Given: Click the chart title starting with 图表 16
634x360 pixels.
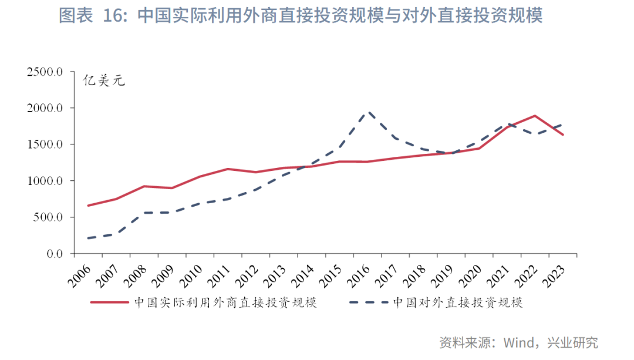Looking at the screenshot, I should (x=301, y=16).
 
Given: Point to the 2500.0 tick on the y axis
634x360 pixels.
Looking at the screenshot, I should (x=45, y=72).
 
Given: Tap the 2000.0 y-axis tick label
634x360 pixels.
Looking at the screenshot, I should (x=45, y=109).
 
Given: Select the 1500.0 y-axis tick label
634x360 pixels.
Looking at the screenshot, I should (x=45, y=145).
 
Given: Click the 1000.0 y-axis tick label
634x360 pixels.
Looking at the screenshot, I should (x=45, y=181).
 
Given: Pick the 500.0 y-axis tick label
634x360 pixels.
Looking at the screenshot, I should (x=48, y=218).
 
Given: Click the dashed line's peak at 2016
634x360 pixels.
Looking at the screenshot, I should (x=367, y=112).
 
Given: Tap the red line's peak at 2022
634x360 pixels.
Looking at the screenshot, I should (x=535, y=116).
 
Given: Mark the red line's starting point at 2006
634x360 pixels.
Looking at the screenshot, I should (x=88, y=206).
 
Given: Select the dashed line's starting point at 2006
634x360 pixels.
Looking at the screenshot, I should (x=88, y=238).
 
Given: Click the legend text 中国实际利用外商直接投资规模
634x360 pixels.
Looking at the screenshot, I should (x=225, y=303).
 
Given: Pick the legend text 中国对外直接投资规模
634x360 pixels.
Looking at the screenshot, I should (x=457, y=303).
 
